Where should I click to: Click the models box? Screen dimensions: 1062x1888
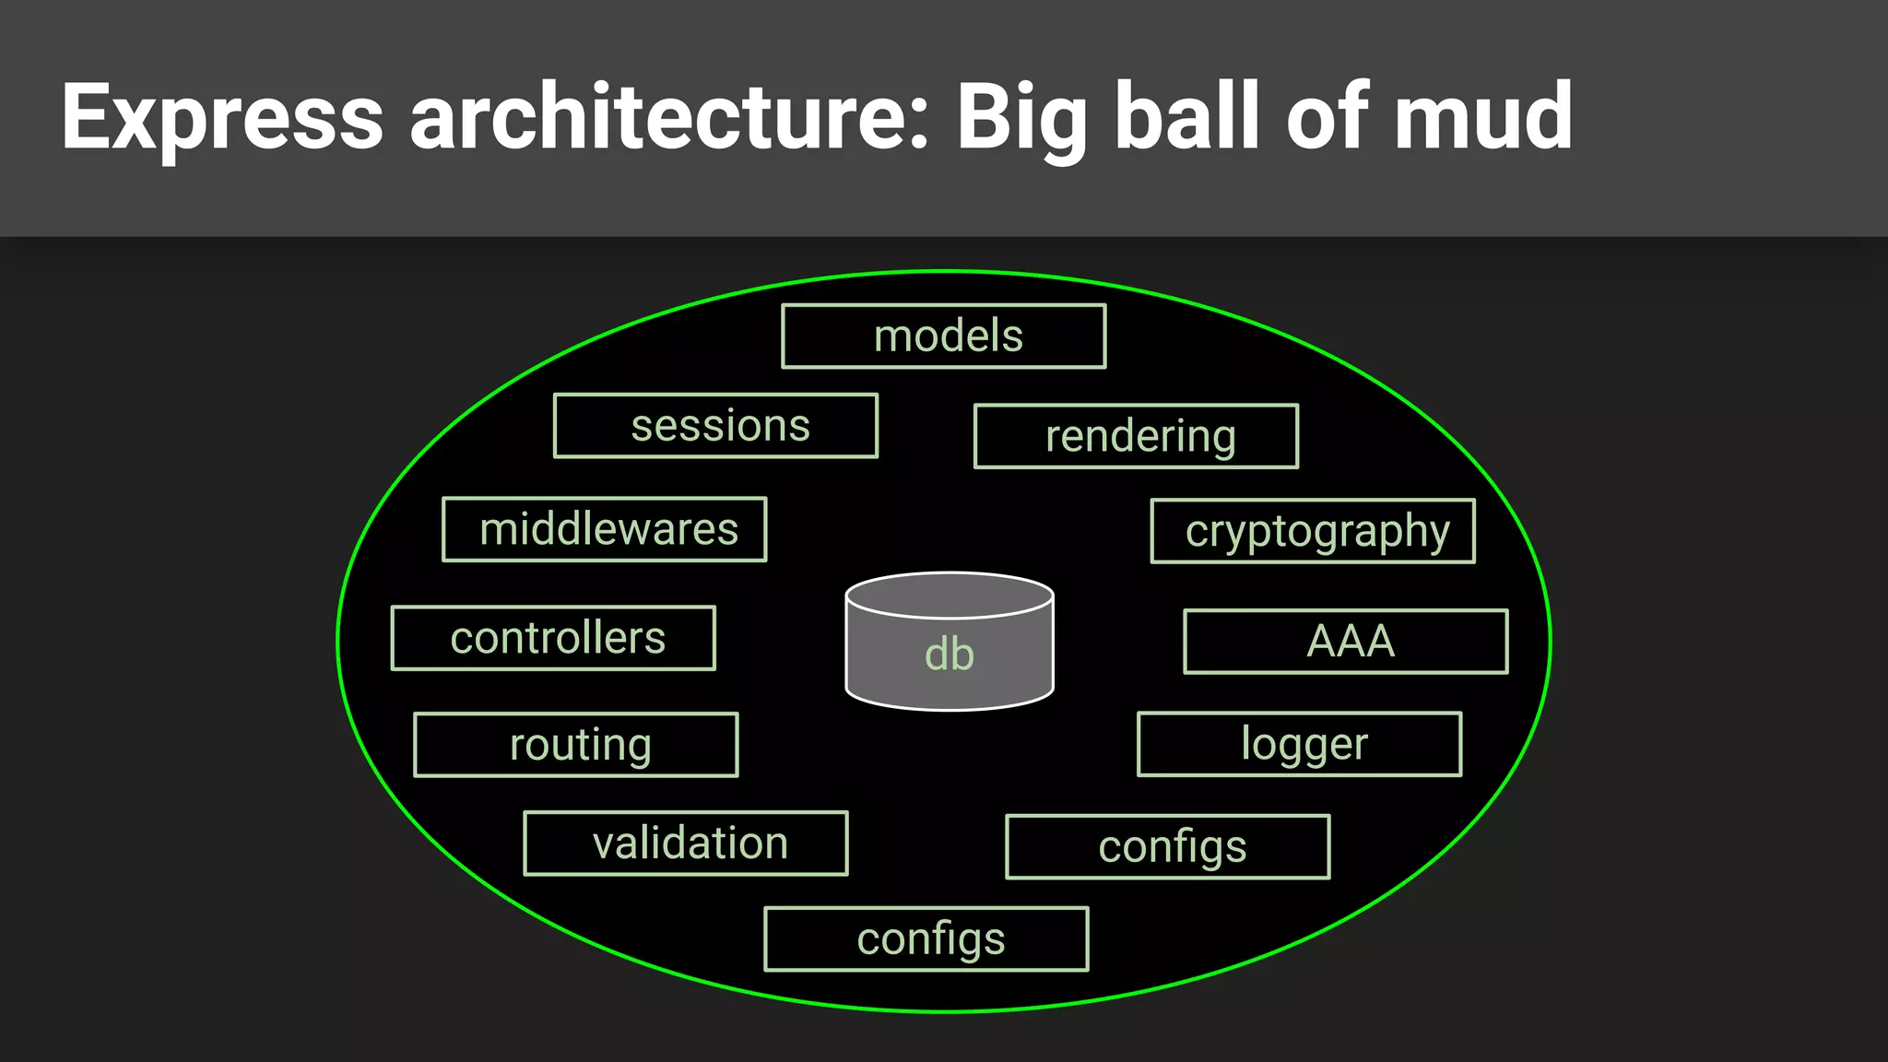943,336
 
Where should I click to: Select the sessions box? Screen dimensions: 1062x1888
715,426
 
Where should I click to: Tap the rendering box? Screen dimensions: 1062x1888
1136,436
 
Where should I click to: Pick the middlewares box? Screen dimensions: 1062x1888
605,529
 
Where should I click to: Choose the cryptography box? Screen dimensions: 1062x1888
1313,531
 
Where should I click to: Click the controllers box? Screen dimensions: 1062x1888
553,638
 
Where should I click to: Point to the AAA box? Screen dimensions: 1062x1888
1346,642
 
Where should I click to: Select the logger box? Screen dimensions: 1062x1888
1300,744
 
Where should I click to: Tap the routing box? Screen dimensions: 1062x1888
576,745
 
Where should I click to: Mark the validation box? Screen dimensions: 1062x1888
686,844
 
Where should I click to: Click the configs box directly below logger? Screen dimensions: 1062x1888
1168,847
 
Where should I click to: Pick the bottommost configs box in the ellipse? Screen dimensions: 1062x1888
926,939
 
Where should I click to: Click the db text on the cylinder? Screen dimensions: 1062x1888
950,655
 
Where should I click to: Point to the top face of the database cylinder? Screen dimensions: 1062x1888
950,596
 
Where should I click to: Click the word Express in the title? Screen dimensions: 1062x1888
222,117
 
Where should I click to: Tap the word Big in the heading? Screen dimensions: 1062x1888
1022,117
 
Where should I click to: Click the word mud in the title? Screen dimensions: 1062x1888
1483,117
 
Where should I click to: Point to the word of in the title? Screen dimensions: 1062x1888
1327,117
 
